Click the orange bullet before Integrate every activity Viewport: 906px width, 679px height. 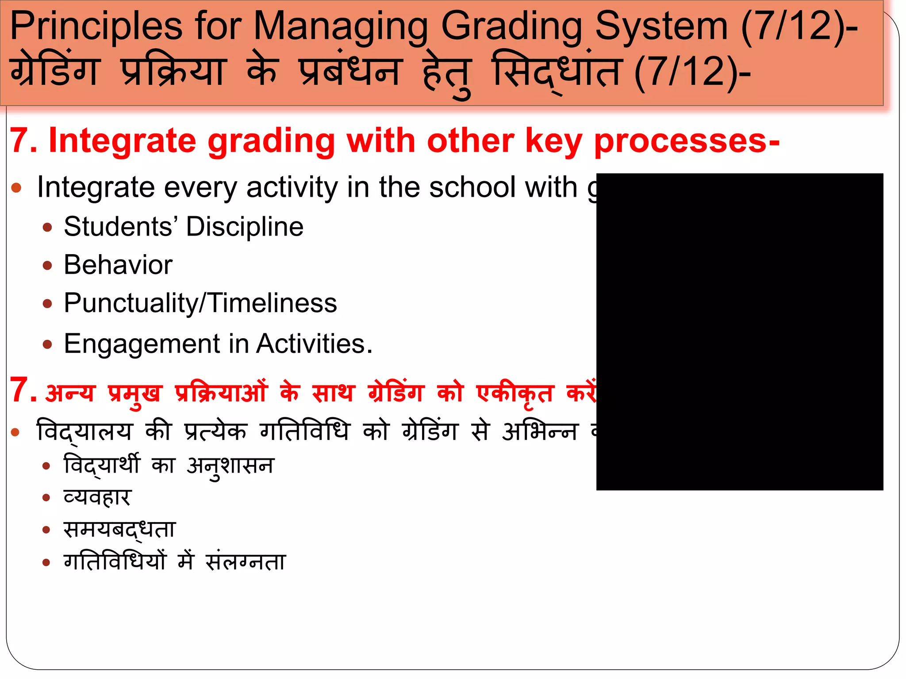[x=16, y=187]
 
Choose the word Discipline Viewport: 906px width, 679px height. [x=244, y=227]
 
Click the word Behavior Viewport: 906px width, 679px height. [x=118, y=265]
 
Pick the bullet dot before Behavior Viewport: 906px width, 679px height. [x=47, y=266]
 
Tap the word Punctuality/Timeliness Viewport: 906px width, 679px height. [x=200, y=303]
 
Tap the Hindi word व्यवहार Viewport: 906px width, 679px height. [x=97, y=497]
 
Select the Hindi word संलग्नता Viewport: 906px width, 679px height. [x=246, y=562]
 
